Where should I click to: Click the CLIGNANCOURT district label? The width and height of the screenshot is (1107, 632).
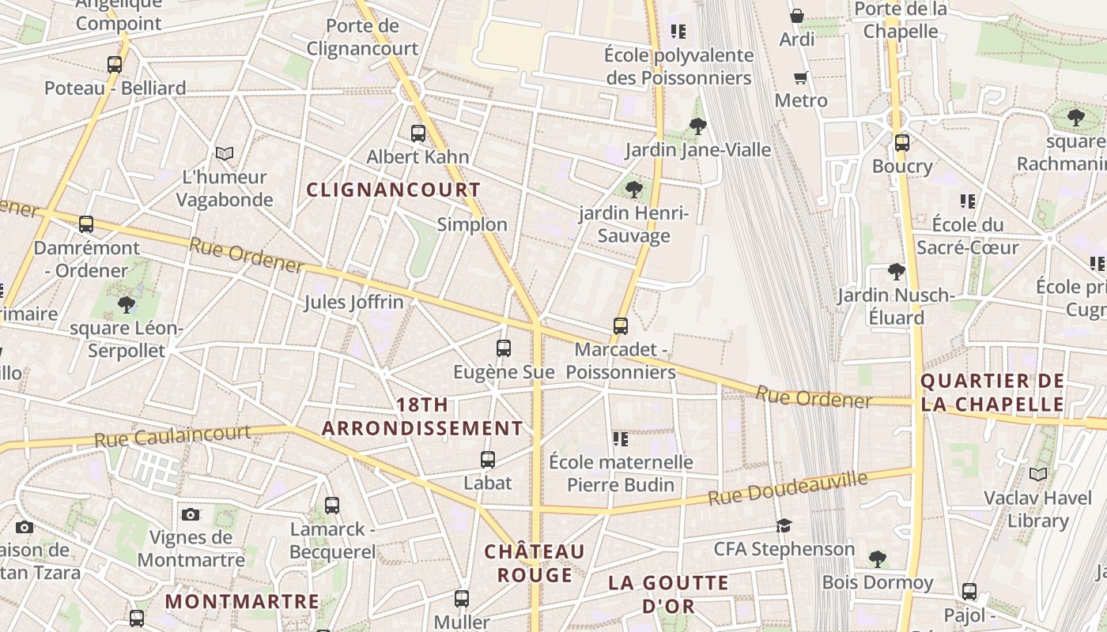click(393, 190)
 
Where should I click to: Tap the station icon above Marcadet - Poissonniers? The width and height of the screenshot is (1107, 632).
click(621, 325)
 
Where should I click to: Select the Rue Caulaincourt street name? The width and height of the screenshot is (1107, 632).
click(172, 436)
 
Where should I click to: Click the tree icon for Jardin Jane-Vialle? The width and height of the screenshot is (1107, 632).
click(697, 126)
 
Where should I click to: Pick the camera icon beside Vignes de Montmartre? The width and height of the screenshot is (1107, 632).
click(191, 515)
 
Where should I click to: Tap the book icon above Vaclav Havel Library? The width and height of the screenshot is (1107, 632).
click(1037, 475)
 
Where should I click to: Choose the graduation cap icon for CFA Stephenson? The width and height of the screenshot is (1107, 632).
click(784, 526)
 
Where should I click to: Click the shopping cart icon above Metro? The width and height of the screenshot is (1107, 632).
click(801, 77)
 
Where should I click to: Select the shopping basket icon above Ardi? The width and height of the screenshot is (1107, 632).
click(797, 16)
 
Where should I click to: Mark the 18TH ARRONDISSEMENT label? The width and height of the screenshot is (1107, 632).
click(422, 416)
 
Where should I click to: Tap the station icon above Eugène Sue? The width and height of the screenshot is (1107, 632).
click(504, 348)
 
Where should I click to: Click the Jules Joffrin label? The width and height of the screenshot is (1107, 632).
click(353, 302)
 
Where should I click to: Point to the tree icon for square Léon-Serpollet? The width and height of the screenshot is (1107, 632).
click(126, 305)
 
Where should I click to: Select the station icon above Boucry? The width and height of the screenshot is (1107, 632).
click(902, 143)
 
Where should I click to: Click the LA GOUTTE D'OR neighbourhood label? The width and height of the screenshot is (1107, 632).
click(668, 594)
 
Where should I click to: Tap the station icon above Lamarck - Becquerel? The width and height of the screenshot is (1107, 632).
click(332, 505)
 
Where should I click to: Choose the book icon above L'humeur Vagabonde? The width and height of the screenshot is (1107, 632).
click(225, 153)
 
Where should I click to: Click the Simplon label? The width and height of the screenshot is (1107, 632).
click(472, 224)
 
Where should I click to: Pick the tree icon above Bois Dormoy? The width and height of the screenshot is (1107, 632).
click(877, 559)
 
